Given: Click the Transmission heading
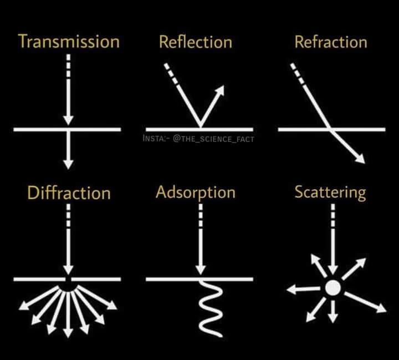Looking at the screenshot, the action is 69,41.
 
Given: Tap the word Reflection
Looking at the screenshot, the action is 196,42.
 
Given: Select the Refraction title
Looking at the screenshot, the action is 331,42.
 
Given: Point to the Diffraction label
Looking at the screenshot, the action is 69,192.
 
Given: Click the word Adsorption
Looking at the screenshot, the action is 196,193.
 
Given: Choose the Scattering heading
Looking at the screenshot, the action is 330,193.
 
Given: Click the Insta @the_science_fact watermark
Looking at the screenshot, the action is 198,139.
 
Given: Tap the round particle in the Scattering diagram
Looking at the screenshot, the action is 333,288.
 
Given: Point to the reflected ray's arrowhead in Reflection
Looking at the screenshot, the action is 219,90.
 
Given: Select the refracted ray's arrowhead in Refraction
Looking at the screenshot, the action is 360,159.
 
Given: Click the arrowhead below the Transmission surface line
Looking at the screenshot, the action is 68,164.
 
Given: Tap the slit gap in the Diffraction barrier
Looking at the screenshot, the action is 68,279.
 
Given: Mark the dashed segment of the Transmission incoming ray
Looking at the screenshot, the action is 68,65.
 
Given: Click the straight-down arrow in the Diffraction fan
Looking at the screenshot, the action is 68,315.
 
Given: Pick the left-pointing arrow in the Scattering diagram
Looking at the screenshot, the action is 303,289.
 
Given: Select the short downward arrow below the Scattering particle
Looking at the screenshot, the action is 333,312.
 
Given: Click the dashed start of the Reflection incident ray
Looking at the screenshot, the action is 171,74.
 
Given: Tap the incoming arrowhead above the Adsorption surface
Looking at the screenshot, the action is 201,270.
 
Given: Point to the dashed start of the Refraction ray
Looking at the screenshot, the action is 297,74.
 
